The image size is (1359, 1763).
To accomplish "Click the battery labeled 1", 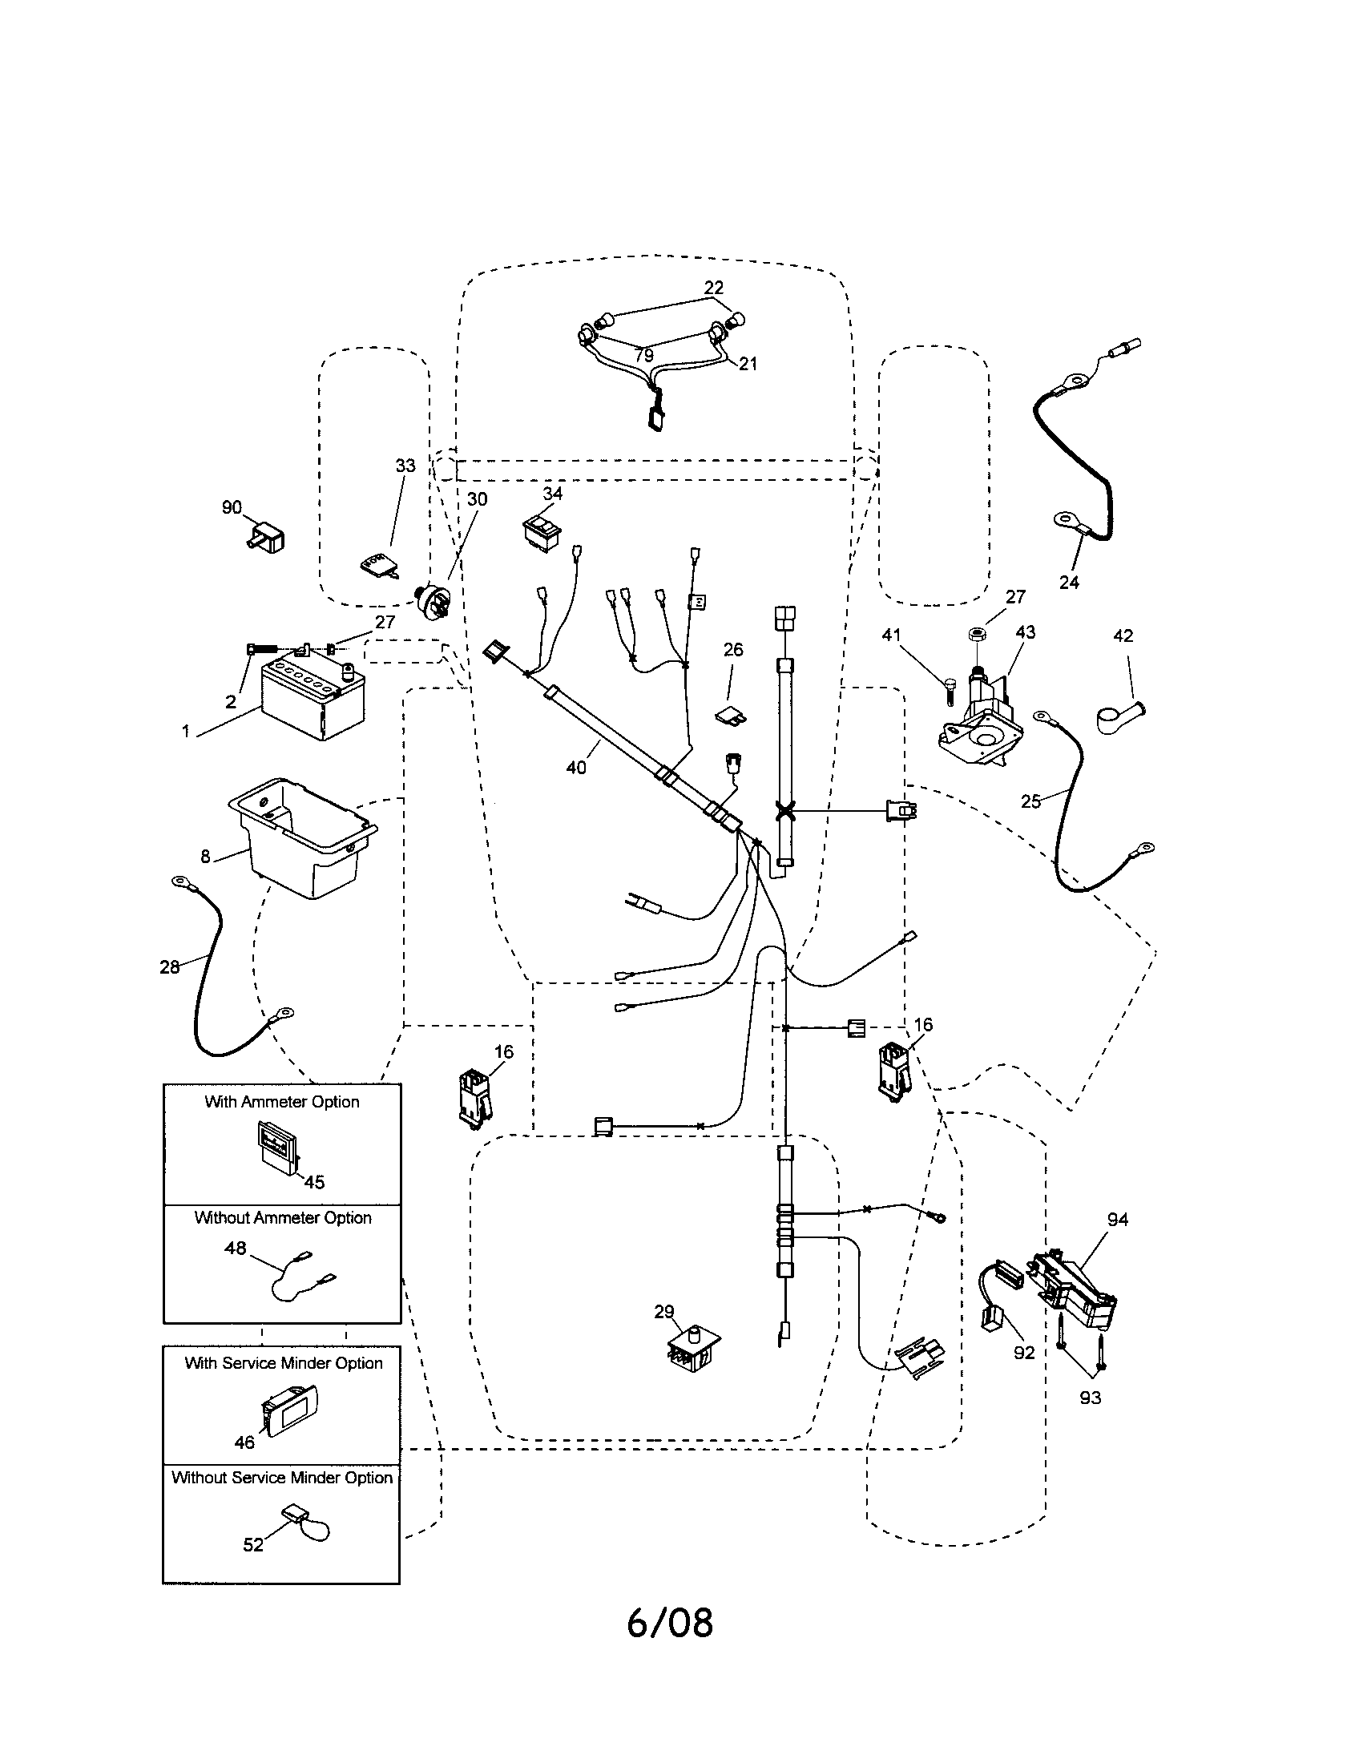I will pyautogui.click(x=313, y=700).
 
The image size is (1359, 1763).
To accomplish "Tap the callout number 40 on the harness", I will pyautogui.click(x=576, y=768).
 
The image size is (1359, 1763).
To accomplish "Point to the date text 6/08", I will pyautogui.click(x=670, y=1623).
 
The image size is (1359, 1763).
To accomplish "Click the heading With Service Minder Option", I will pyautogui.click(x=284, y=1362).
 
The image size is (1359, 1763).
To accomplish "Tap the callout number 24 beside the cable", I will pyautogui.click(x=1069, y=583).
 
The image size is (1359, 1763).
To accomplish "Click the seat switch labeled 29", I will pyautogui.click(x=692, y=1348).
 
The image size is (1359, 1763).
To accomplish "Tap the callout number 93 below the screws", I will pyautogui.click(x=1091, y=1397).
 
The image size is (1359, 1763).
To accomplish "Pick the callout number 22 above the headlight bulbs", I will pyautogui.click(x=713, y=288).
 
